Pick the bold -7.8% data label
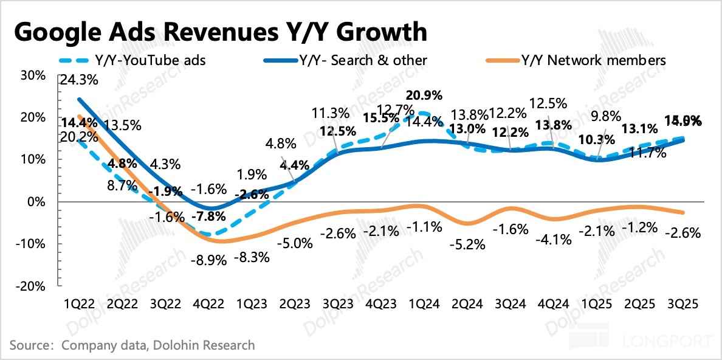click(210, 216)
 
